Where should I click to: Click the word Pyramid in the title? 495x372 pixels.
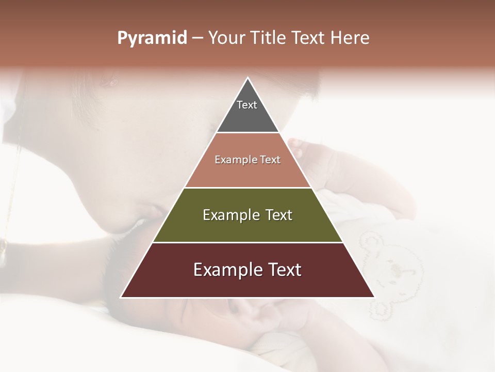152,38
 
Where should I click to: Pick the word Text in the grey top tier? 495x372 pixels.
247,105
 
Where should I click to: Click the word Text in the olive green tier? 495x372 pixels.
278,215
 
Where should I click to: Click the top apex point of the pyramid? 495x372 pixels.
247,78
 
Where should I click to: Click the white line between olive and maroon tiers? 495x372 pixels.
247,242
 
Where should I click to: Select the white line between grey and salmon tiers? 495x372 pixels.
247,132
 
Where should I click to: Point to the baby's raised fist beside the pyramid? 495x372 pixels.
304,150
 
